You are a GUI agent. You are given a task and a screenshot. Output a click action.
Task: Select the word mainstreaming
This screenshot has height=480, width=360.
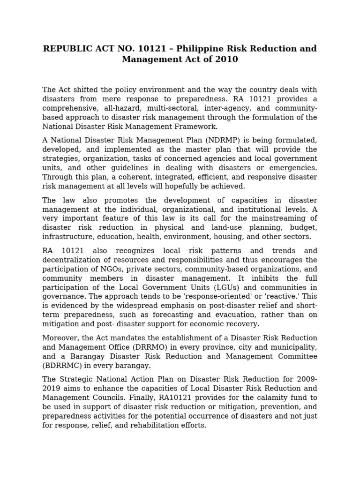[277, 218]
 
